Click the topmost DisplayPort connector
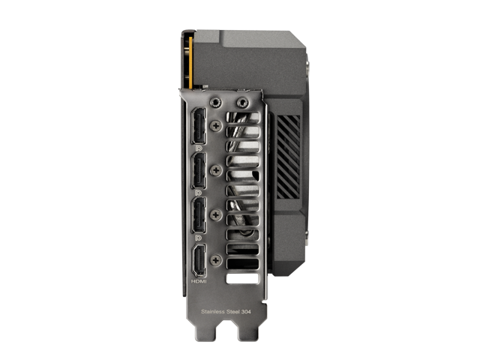click(199, 126)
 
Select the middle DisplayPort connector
click(199, 170)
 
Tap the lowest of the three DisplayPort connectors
click(199, 215)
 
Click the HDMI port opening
click(199, 260)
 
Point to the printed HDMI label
click(199, 281)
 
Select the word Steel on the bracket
click(233, 312)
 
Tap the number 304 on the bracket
click(246, 312)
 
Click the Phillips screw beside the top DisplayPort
click(216, 125)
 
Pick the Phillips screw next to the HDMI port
click(216, 260)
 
